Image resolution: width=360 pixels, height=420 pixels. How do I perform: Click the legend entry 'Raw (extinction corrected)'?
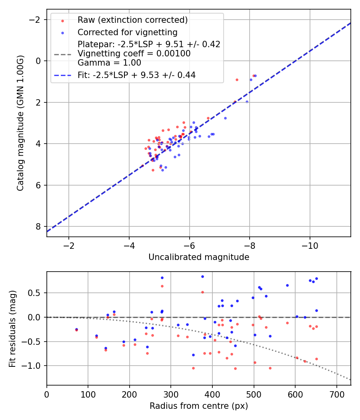coord(132,20)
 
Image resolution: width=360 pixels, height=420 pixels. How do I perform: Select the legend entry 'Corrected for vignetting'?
coord(127,32)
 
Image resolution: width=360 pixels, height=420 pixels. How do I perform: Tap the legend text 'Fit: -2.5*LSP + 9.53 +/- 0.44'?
coord(136,75)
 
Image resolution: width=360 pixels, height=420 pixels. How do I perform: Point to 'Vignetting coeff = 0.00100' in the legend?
coord(134,53)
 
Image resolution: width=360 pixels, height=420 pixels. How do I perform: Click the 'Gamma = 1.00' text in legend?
coord(109,62)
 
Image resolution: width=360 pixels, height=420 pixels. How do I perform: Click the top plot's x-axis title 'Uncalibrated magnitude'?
coord(199,257)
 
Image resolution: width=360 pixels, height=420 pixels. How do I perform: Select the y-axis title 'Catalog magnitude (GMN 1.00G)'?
coord(20,123)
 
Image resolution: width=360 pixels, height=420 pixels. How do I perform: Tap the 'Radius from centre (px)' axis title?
coord(199,406)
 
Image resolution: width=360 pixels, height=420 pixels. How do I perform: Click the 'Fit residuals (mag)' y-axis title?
coord(12,328)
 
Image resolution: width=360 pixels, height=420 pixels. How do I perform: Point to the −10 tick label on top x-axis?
coord(310,245)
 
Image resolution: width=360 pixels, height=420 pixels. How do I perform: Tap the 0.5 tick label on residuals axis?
coord(36,293)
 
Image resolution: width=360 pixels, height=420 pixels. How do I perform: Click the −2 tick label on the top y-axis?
coord(37,20)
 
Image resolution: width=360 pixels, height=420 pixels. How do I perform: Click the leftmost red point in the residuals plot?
coord(76,330)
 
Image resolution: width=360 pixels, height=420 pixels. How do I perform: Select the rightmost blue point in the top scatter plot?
coord(255,76)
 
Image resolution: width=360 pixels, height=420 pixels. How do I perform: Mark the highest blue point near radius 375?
coord(202,276)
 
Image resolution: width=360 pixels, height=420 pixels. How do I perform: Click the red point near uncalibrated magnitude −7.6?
coord(237,80)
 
